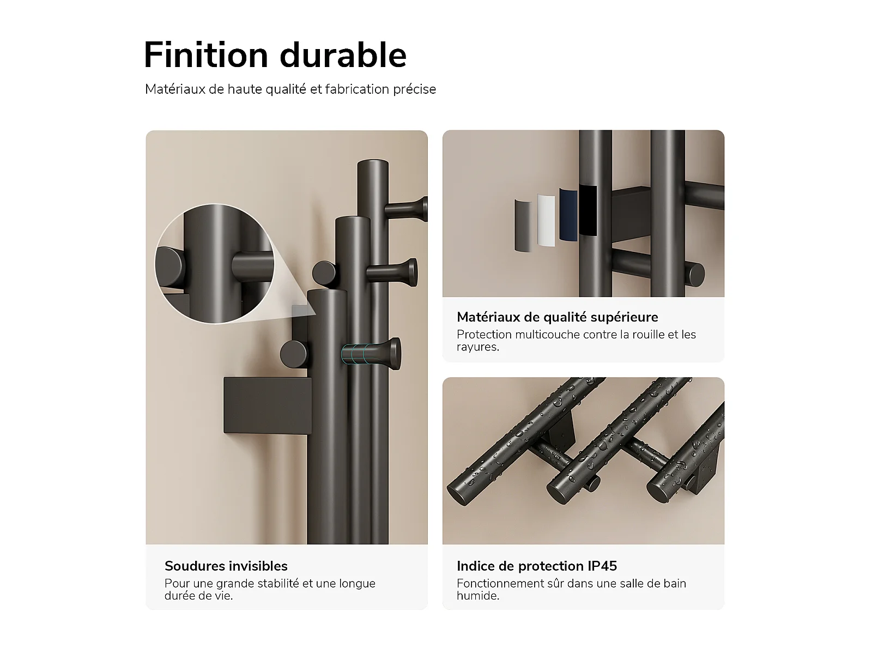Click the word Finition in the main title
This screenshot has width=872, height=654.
pyautogui.click(x=206, y=55)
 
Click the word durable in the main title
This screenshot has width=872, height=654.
pyautogui.click(x=343, y=55)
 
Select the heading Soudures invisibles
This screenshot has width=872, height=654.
pyautogui.click(x=226, y=566)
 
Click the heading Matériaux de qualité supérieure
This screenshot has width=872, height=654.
pyautogui.click(x=558, y=317)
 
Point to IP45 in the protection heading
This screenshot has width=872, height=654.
pyautogui.click(x=602, y=566)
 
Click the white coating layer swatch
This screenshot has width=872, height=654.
pyautogui.click(x=546, y=220)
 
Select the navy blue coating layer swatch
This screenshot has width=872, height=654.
pyautogui.click(x=568, y=214)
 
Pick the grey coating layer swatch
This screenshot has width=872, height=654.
pyautogui.click(x=523, y=226)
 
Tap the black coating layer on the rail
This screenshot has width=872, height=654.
pyautogui.click(x=588, y=210)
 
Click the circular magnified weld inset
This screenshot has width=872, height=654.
pyautogui.click(x=215, y=264)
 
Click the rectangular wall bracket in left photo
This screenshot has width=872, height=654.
pyautogui.click(x=268, y=405)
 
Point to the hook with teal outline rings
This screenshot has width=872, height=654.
pyautogui.click(x=371, y=353)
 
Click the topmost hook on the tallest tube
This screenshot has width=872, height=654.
pyautogui.click(x=406, y=209)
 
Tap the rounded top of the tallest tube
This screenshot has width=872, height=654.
pyautogui.click(x=373, y=163)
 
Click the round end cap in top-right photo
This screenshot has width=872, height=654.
pyautogui.click(x=696, y=274)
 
